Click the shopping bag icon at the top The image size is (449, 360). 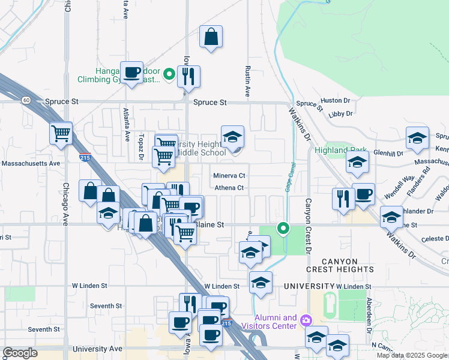(211, 37)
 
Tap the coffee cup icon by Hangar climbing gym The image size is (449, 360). (131, 73)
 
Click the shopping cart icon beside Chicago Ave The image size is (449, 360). (61, 133)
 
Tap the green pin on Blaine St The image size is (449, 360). (283, 228)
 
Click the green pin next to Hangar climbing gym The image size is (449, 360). (169, 75)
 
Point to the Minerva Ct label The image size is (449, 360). (230, 176)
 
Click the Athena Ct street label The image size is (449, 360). (231, 188)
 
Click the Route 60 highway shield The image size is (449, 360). (26, 100)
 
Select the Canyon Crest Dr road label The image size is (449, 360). (309, 222)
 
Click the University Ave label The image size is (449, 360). (97, 349)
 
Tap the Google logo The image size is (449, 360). (20, 353)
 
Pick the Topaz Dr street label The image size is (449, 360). (142, 146)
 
